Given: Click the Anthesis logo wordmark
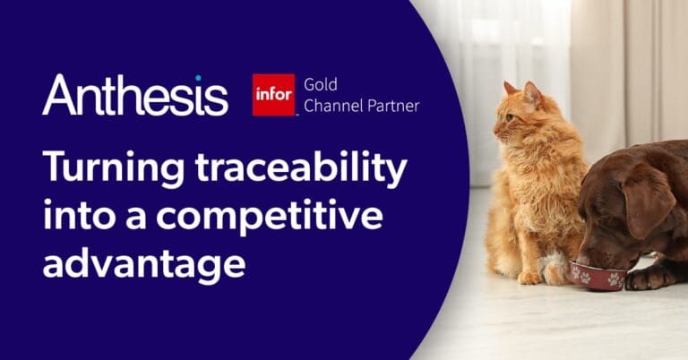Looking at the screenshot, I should click(x=134, y=95).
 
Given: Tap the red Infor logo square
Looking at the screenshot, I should click(x=273, y=95).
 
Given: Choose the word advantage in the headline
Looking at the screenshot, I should click(x=143, y=265).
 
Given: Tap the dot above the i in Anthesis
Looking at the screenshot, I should click(x=199, y=78).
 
